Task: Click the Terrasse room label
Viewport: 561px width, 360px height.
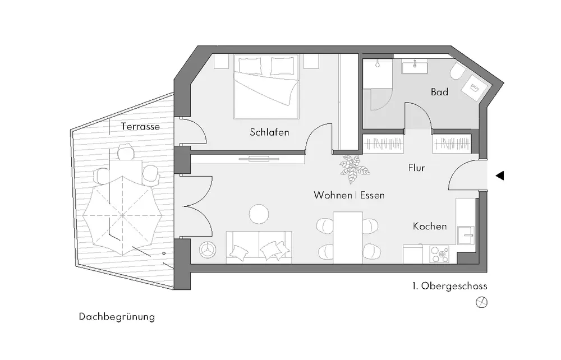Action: [x=140, y=127]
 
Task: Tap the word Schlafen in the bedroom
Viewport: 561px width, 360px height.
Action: [x=269, y=132]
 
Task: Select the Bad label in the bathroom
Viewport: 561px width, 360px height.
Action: [x=439, y=92]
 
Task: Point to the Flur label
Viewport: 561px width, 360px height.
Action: [x=416, y=168]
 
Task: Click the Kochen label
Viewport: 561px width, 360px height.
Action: [x=430, y=227]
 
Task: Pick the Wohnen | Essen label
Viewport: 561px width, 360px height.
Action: [x=349, y=196]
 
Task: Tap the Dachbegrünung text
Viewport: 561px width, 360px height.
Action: [x=117, y=317]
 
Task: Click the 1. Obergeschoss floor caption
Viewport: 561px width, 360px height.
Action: [x=449, y=286]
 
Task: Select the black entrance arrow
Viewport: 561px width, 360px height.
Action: [x=500, y=176]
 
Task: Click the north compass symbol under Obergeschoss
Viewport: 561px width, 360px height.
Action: [x=481, y=302]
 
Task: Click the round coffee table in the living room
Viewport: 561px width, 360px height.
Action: [x=259, y=214]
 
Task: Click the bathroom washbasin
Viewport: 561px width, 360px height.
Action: [x=415, y=67]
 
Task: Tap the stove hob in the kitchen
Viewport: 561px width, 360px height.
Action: [x=438, y=255]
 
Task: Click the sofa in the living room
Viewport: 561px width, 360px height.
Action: [x=259, y=247]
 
